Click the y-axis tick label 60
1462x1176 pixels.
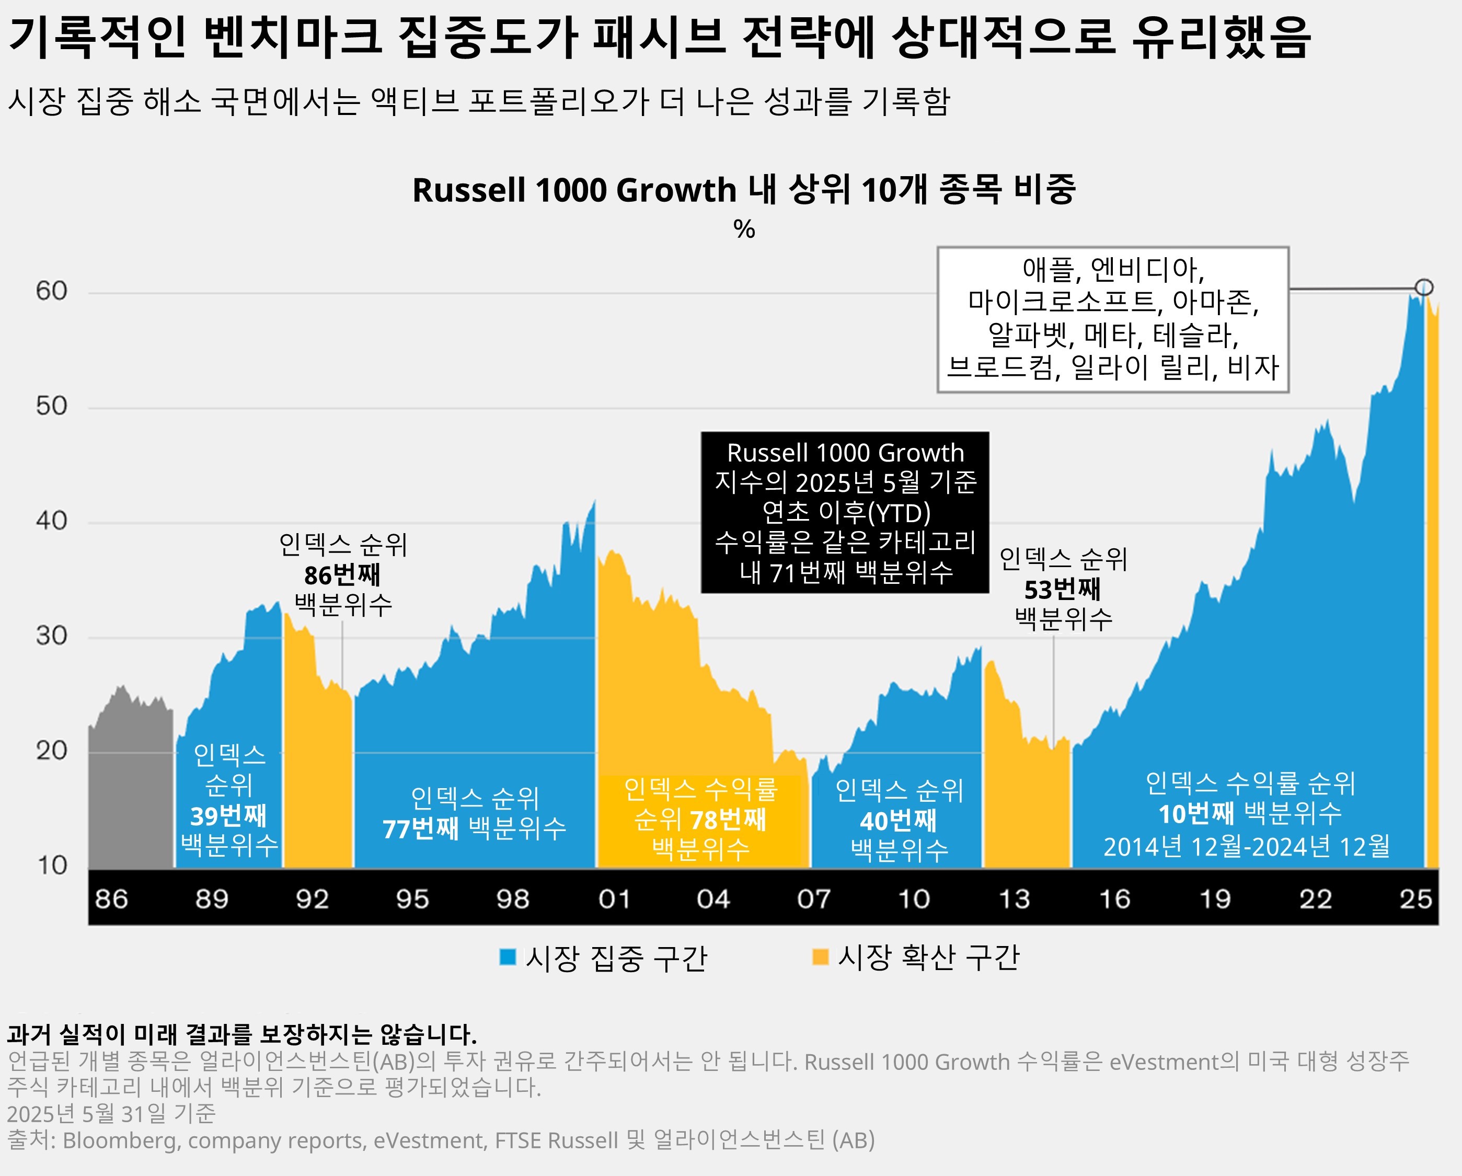tap(52, 291)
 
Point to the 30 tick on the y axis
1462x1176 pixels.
tap(52, 636)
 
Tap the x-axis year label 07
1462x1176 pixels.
tap(813, 900)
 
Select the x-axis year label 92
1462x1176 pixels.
tap(312, 900)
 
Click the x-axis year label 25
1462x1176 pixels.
tap(1415, 900)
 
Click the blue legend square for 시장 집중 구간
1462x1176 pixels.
tap(507, 957)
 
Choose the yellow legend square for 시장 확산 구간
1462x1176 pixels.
tap(820, 957)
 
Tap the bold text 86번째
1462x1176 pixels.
tap(342, 575)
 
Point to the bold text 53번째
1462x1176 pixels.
tap(1062, 590)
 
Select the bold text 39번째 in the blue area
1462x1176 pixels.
tap(228, 816)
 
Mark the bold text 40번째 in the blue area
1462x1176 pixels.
tap(898, 821)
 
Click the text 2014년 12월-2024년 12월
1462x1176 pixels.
tap(1246, 846)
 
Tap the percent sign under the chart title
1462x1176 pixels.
tap(744, 229)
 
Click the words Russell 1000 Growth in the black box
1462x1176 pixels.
tap(845, 452)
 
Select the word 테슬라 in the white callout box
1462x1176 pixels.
tap(1195, 335)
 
